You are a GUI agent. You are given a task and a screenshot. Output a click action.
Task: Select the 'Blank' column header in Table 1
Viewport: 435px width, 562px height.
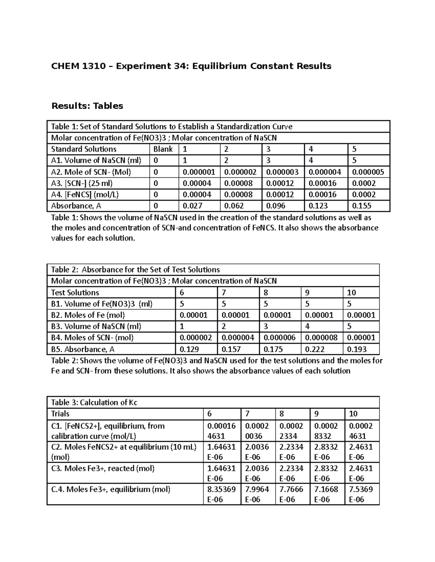pyautogui.click(x=163, y=149)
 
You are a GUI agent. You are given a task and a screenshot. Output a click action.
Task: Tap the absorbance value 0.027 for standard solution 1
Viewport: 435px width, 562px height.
pyautogui.click(x=192, y=206)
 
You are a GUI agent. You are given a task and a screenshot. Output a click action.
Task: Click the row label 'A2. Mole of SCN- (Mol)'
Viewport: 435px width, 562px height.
pyautogui.click(x=91, y=172)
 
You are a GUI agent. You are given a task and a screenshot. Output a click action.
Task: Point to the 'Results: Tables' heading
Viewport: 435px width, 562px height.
pyautogui.click(x=87, y=106)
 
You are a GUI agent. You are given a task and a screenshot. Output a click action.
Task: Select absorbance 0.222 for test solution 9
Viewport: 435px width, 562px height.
pyautogui.click(x=315, y=349)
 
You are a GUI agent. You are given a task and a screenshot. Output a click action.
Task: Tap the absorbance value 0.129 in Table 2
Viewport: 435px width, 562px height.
pyautogui.click(x=189, y=349)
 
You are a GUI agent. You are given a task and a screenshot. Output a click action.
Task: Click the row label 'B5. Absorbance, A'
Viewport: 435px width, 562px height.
pyautogui.click(x=83, y=349)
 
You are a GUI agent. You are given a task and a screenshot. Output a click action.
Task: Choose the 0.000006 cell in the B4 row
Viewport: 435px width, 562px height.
pyautogui.click(x=279, y=338)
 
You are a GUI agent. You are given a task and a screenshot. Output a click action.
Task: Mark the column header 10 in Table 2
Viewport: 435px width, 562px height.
pyautogui.click(x=352, y=292)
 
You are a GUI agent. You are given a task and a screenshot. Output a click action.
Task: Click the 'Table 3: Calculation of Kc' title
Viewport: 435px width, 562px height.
pyautogui.click(x=94, y=402)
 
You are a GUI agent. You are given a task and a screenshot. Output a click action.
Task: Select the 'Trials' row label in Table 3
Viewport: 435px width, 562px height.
pyautogui.click(x=60, y=414)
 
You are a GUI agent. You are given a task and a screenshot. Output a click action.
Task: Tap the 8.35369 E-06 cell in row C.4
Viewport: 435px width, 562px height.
pyautogui.click(x=221, y=494)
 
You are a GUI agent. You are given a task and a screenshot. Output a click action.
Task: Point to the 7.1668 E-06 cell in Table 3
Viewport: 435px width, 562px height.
pyautogui.click(x=326, y=494)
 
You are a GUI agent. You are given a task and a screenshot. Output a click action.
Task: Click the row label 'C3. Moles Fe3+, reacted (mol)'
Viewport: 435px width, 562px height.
pyautogui.click(x=103, y=468)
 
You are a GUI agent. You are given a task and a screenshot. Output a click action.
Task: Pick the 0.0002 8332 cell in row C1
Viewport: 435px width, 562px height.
pyautogui.click(x=326, y=431)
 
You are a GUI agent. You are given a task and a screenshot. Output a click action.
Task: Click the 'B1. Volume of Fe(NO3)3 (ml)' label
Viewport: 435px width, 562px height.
pyautogui.click(x=102, y=304)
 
